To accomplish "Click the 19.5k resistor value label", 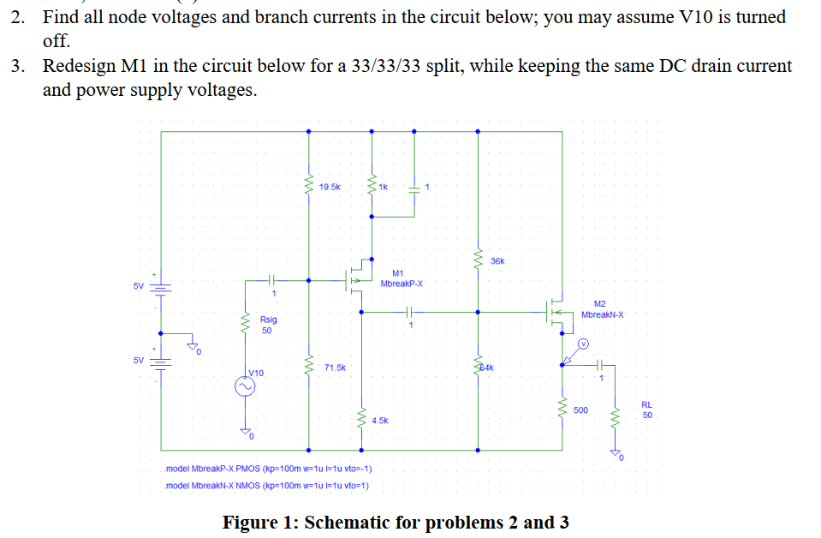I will point(330,186).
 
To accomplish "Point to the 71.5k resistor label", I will point(335,367).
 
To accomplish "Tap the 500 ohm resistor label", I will point(580,410).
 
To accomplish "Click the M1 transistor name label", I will point(397,273).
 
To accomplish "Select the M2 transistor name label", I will point(599,304).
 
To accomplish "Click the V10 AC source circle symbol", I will point(246,386).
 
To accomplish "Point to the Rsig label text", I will point(268,320).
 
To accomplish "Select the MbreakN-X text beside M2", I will point(603,314).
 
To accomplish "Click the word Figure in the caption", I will point(253,523).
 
